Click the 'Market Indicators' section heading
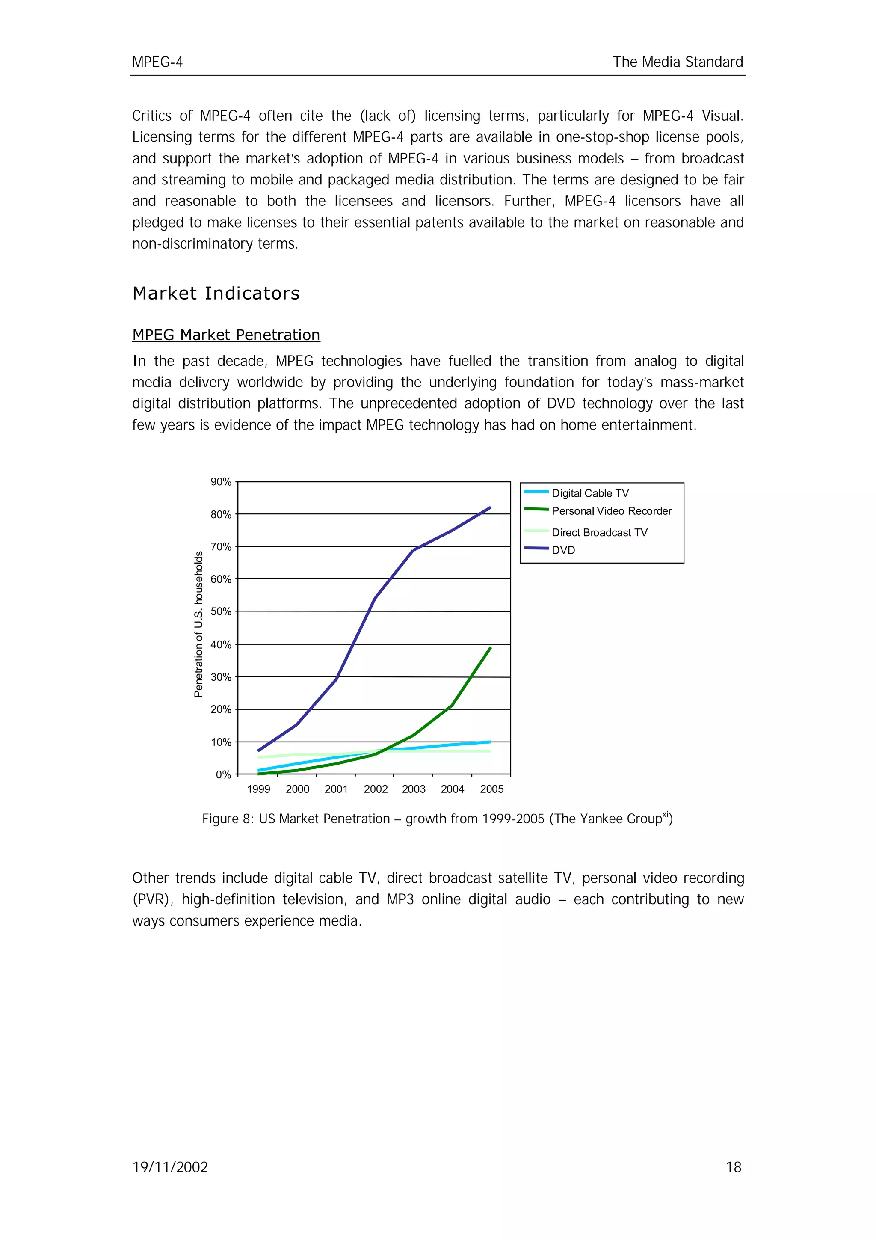coord(216,293)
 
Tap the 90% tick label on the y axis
coord(221,482)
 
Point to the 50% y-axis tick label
coord(221,611)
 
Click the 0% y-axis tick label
coord(223,774)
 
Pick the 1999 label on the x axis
coord(258,789)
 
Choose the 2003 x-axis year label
coord(414,789)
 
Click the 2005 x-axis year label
coord(492,789)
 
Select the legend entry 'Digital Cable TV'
coord(590,493)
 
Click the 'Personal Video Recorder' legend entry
coord(612,511)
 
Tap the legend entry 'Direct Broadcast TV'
coord(599,533)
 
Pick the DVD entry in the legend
coord(563,550)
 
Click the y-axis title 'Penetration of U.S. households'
coord(198,624)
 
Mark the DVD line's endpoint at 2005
coord(490,507)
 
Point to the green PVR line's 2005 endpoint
coord(490,647)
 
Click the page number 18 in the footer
coord(734,1167)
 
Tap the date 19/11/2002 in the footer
coord(170,1167)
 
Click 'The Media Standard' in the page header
coord(678,62)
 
